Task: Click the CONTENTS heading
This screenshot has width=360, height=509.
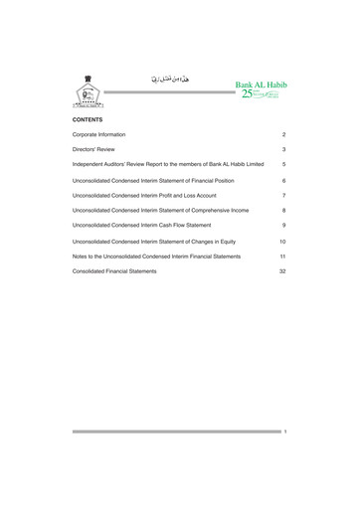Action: tap(89, 119)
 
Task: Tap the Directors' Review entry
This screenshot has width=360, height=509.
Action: tap(94, 148)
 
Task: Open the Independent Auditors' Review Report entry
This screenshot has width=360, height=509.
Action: tap(168, 163)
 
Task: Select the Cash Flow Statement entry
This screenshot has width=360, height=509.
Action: tap(141, 226)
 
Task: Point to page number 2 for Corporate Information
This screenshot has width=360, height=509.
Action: tap(283, 134)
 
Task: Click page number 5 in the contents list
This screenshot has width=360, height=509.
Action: tap(283, 163)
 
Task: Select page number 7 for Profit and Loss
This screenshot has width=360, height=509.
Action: tap(283, 196)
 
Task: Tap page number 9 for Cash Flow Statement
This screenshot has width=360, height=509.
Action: tap(283, 226)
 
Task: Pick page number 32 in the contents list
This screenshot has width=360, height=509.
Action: tap(282, 270)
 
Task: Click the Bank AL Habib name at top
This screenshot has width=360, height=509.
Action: tap(260, 85)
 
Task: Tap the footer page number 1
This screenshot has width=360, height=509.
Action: tap(284, 432)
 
